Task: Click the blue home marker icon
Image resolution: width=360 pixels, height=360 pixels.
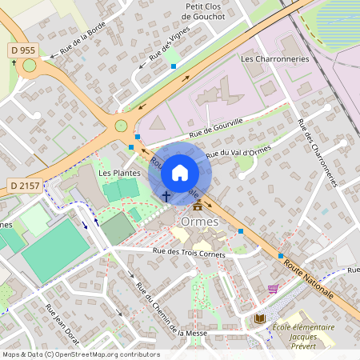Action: pyautogui.click(x=180, y=173)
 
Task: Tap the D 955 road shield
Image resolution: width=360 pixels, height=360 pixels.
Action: pyautogui.click(x=22, y=50)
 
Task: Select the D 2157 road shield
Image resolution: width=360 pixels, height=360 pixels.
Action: pyautogui.click(x=26, y=186)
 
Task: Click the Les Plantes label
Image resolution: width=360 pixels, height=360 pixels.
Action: pyautogui.click(x=119, y=173)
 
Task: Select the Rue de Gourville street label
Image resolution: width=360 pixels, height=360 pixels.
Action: pyautogui.click(x=216, y=127)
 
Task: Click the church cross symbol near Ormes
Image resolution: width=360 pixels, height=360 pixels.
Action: pyautogui.click(x=166, y=195)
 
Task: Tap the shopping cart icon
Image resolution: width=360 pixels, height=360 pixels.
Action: pyautogui.click(x=273, y=289)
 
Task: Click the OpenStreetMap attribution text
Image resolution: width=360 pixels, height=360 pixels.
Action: pyautogui.click(x=81, y=354)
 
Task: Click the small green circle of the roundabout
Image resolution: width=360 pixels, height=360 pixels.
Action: pyautogui.click(x=121, y=125)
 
